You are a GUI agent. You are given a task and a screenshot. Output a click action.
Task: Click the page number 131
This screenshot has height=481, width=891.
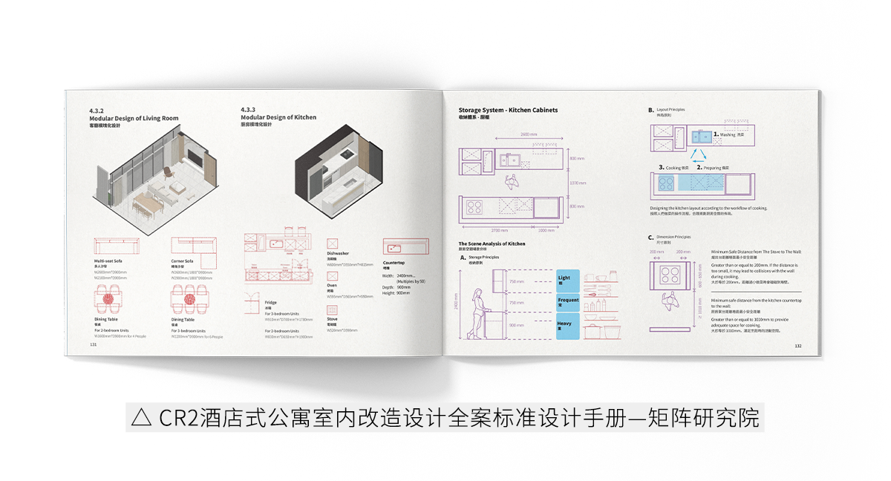94,345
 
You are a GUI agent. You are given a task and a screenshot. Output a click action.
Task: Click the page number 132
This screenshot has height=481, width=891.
798,346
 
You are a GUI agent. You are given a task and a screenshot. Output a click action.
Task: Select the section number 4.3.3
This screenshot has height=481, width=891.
249,110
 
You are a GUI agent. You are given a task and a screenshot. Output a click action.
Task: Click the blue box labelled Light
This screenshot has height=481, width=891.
567,280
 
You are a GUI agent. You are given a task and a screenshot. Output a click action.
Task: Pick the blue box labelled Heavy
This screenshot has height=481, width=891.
567,326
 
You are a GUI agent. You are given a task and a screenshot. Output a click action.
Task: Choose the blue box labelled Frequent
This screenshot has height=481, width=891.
567,302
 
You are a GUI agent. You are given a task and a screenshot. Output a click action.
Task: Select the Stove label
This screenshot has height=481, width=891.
332,318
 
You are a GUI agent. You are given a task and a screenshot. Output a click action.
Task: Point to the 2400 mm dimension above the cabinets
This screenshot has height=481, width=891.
529,134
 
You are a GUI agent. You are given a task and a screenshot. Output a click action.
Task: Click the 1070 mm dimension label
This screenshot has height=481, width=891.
578,182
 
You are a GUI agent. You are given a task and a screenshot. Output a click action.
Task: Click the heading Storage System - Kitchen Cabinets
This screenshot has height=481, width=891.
508,110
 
